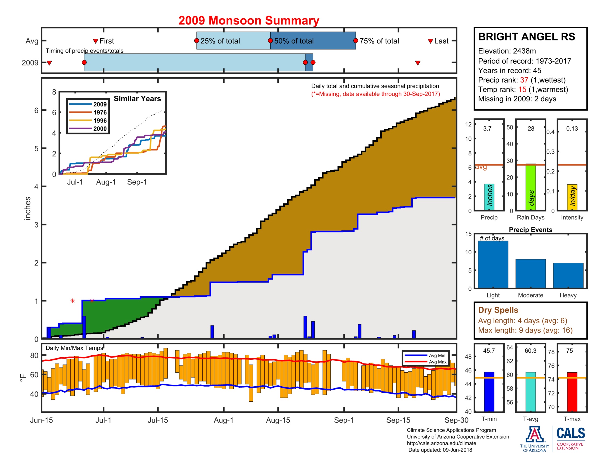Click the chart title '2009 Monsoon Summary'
point(249,21)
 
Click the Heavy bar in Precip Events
point(568,275)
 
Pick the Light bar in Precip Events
point(493,264)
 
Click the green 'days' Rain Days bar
point(530,187)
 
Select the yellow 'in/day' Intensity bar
point(572,197)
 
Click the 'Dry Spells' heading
point(498,310)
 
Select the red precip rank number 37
point(524,80)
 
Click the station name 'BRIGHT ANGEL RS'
point(526,37)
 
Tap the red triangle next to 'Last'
point(430,41)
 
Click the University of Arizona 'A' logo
point(534,435)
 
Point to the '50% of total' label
point(294,41)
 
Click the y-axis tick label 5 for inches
point(36,148)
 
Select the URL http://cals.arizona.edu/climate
point(441,443)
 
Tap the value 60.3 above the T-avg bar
point(530,351)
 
